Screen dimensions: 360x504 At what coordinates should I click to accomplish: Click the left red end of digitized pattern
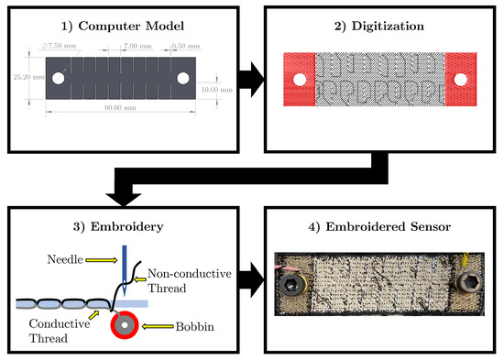pyautogui.click(x=300, y=78)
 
